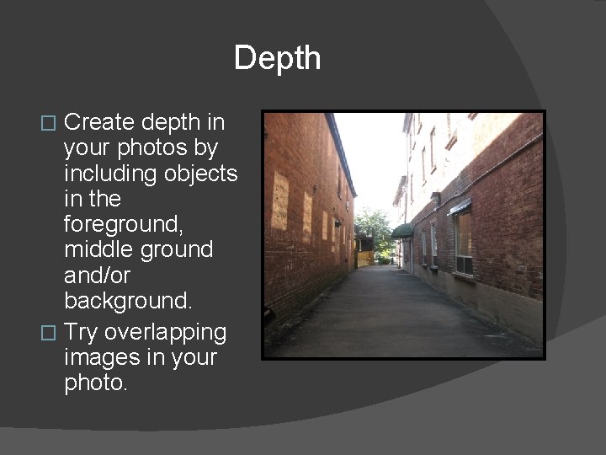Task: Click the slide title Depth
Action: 277,58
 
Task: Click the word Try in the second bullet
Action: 82,332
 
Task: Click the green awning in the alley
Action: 403,230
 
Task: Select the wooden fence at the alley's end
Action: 364,257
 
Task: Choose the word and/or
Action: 97,276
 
